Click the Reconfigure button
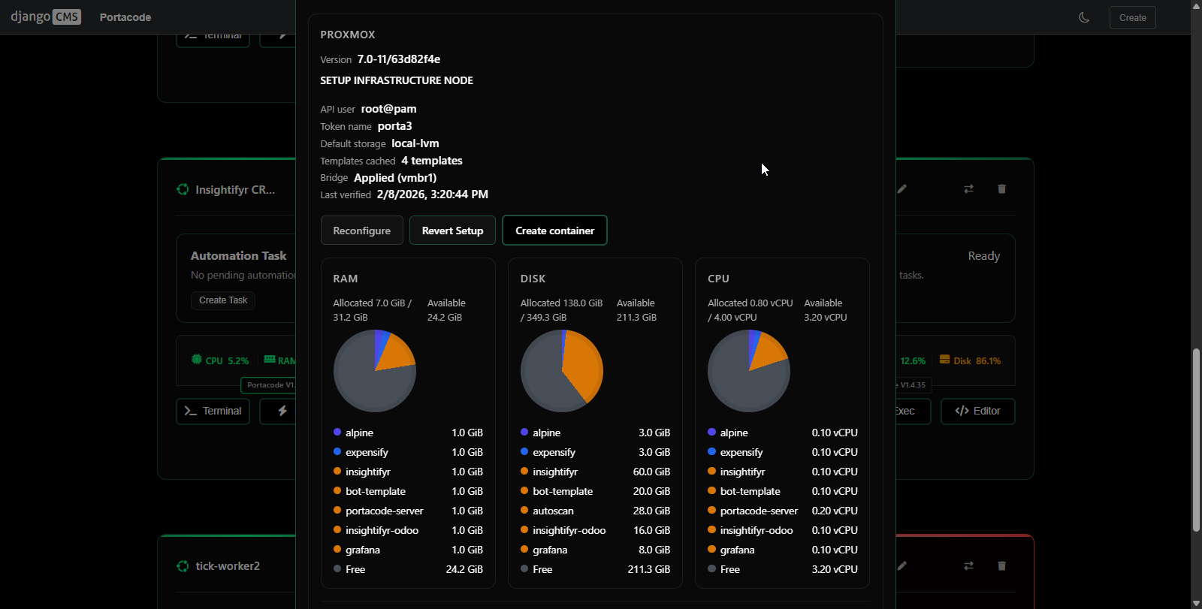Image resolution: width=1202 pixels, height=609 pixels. pyautogui.click(x=361, y=231)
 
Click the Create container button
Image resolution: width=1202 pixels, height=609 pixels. pyautogui.click(x=554, y=231)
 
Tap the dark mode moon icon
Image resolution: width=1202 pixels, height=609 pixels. pyautogui.click(x=1084, y=17)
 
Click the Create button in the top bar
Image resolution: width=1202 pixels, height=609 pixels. pyautogui.click(x=1132, y=17)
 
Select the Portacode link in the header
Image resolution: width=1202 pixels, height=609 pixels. pyautogui.click(x=125, y=17)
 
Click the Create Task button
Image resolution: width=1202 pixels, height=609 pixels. pyautogui.click(x=223, y=300)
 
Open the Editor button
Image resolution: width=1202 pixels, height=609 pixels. pyautogui.click(x=977, y=411)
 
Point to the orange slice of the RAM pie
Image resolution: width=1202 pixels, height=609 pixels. pyautogui.click(x=397, y=353)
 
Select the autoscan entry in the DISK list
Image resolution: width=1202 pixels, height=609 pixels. pyautogui.click(x=553, y=511)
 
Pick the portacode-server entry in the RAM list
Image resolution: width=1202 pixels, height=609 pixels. pyautogui.click(x=384, y=511)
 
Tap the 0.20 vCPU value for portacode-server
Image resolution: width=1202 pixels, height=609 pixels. pyautogui.click(x=834, y=511)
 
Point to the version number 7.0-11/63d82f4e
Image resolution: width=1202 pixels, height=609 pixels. pyautogui.click(x=398, y=59)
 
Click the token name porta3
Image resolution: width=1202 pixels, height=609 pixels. pyautogui.click(x=394, y=126)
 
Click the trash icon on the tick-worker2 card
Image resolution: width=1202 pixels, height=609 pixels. pyautogui.click(x=1001, y=565)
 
